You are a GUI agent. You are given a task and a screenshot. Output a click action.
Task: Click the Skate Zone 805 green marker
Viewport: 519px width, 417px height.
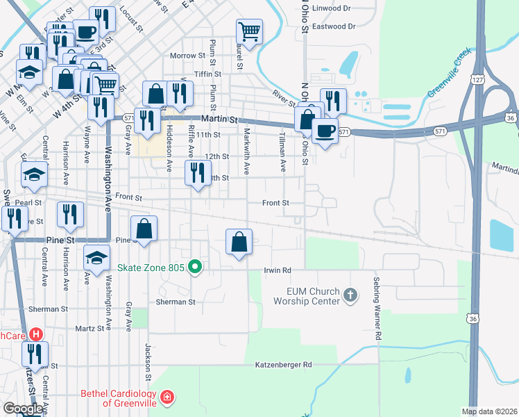(x=196, y=267)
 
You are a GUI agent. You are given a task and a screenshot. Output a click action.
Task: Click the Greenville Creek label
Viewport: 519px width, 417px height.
(x=448, y=74)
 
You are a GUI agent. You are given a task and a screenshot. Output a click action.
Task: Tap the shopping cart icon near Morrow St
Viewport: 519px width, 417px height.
(x=249, y=31)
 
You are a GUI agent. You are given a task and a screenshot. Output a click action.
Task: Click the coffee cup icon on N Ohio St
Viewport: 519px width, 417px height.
(x=325, y=131)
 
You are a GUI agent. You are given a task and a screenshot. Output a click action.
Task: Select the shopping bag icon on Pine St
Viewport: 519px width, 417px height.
(x=144, y=228)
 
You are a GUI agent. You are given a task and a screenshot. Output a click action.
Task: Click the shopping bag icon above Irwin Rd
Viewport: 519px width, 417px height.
(x=239, y=242)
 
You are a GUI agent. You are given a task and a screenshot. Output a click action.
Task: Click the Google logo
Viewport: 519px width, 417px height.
(x=23, y=409)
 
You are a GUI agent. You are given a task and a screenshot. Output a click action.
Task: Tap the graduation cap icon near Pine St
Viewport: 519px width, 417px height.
(x=96, y=257)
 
